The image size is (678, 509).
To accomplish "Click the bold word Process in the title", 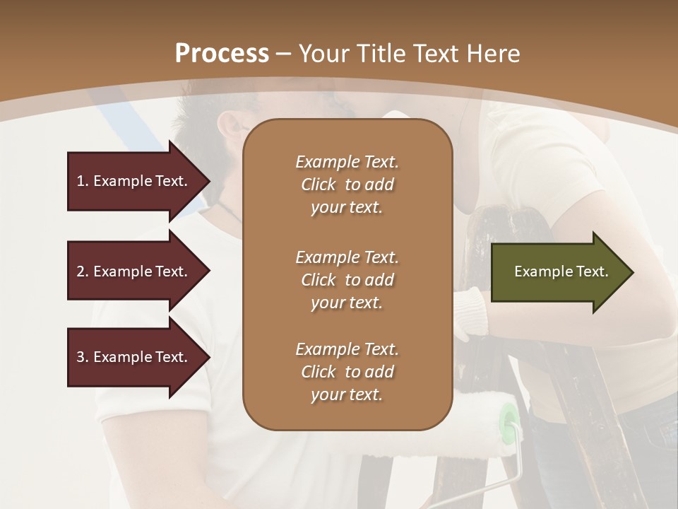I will (222, 54).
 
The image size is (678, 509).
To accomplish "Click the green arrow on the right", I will (558, 271).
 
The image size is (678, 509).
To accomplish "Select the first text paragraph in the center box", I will (347, 185).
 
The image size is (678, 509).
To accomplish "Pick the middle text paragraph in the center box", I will (347, 280).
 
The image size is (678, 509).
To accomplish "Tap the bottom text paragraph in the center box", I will (347, 372).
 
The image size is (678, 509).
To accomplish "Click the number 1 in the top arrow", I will (81, 181).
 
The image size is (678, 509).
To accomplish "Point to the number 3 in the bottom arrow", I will (81, 357).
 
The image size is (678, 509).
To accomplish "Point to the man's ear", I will (230, 127).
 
